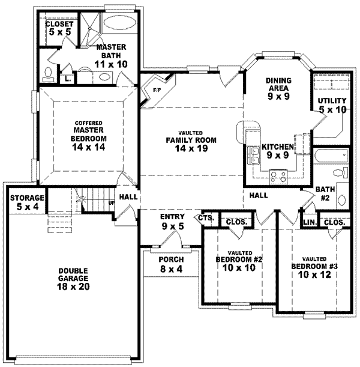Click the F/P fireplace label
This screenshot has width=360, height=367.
158,90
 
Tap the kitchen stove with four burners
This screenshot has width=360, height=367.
278,176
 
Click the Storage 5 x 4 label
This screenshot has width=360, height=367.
26,202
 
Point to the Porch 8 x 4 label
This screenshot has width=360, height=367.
171,264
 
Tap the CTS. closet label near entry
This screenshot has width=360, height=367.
206,218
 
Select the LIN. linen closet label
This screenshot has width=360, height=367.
310,222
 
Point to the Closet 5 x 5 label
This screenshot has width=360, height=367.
59,29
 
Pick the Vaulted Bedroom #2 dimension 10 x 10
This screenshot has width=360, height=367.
235,268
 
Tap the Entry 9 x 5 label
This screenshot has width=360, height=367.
171,221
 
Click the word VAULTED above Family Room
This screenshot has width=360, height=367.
191,132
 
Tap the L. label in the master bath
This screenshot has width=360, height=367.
68,77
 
